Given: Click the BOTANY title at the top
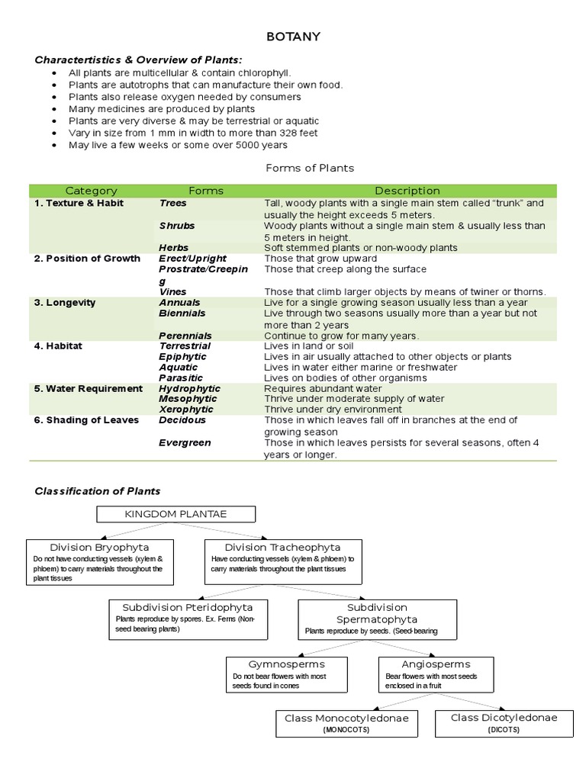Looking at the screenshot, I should [293, 36].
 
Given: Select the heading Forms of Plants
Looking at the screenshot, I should [309, 168].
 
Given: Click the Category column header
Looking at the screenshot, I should [92, 191].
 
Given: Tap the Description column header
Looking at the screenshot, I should [407, 191].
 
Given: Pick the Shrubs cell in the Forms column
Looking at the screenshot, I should [177, 226].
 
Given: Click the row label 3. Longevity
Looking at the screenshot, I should [65, 303].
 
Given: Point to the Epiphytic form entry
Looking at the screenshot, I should [184, 356].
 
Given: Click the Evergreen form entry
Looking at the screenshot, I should [185, 442].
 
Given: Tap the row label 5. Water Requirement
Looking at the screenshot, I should [89, 388].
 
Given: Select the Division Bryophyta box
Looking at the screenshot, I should [99, 561].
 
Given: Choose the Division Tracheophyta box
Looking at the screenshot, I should [283, 561].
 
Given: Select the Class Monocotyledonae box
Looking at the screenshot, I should [346, 723].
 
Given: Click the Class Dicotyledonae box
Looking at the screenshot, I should [504, 723].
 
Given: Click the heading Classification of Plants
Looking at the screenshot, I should [98, 490].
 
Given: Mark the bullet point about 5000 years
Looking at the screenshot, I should [178, 145].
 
